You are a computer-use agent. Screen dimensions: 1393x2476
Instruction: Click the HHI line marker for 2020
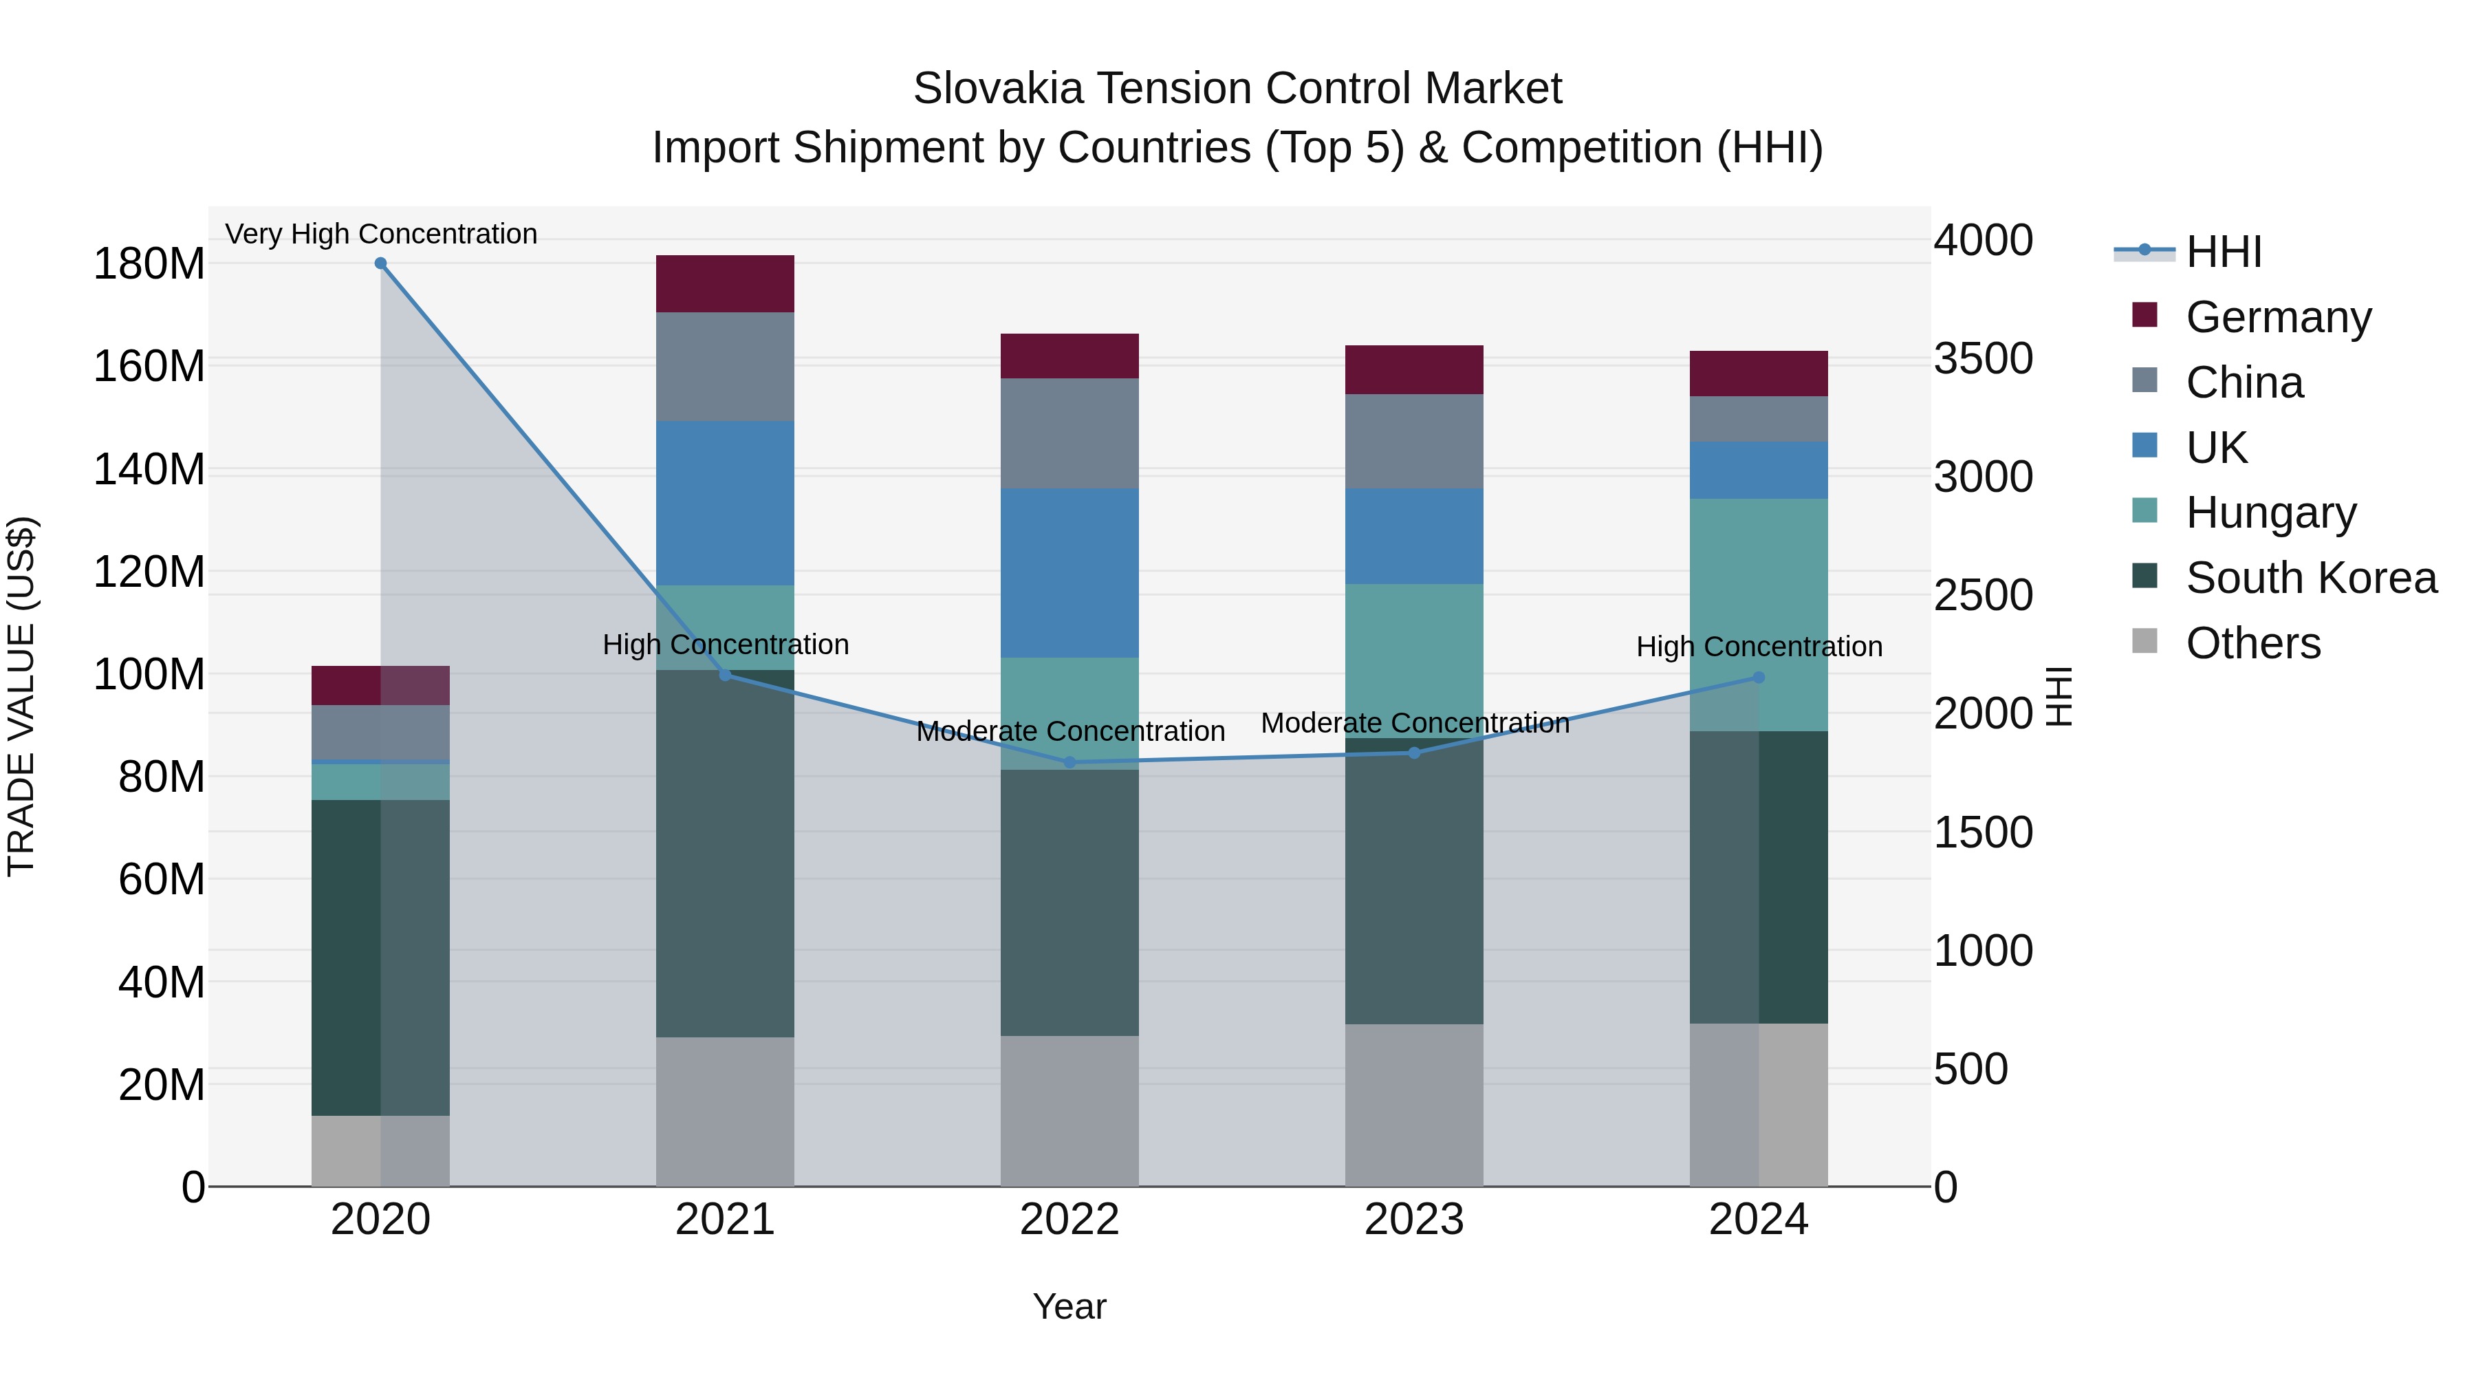pyautogui.click(x=380, y=263)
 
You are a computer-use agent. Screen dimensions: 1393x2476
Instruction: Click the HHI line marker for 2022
pyautogui.click(x=1069, y=762)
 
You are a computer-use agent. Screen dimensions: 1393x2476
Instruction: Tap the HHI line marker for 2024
pyautogui.click(x=1759, y=678)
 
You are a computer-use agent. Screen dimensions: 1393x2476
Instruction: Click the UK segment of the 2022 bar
pyautogui.click(x=1069, y=573)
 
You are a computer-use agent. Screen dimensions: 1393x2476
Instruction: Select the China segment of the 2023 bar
pyautogui.click(x=1414, y=441)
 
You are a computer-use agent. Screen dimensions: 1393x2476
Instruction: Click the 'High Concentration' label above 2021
pyautogui.click(x=726, y=645)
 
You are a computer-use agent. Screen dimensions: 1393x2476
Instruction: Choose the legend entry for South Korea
pyautogui.click(x=2311, y=578)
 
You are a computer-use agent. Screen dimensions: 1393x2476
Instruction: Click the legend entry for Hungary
pyautogui.click(x=2270, y=512)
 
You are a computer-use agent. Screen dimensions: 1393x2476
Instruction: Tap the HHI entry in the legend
pyautogui.click(x=2223, y=252)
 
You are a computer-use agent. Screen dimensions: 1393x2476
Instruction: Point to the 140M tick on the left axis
pyautogui.click(x=149, y=470)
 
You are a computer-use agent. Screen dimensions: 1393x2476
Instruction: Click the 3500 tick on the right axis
pyautogui.click(x=1984, y=358)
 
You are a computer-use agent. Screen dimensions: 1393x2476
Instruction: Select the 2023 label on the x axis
pyautogui.click(x=1414, y=1220)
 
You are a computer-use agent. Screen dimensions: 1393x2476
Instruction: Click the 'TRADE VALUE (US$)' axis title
pyautogui.click(x=21, y=696)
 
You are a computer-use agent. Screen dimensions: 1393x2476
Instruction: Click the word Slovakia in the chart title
pyautogui.click(x=998, y=89)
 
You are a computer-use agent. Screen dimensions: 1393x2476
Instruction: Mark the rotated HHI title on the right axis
pyautogui.click(x=2058, y=696)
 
